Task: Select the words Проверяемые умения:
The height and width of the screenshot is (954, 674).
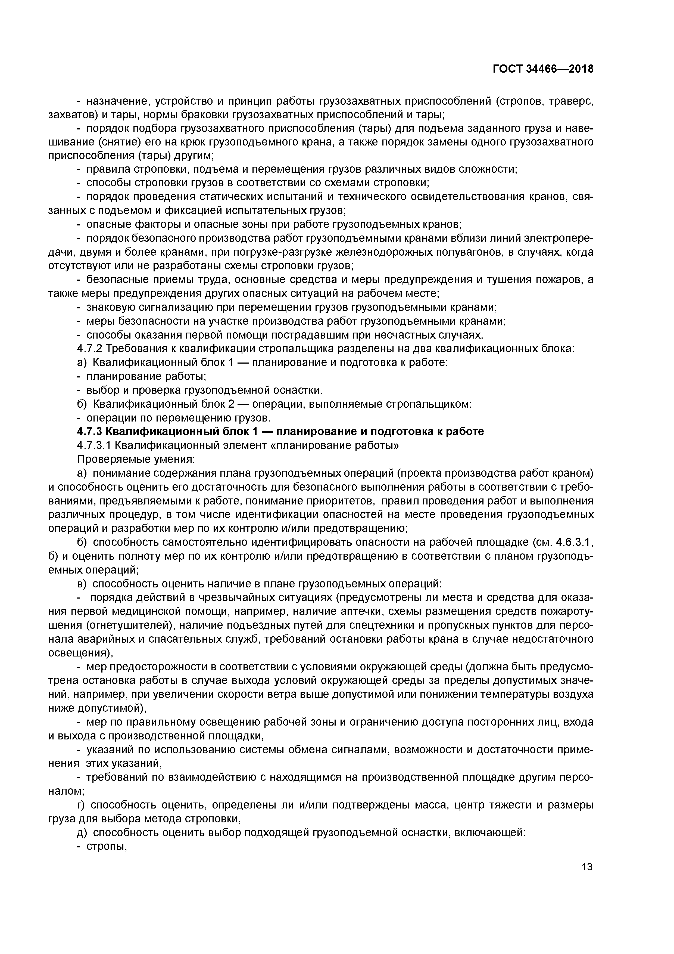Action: pos(136,459)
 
